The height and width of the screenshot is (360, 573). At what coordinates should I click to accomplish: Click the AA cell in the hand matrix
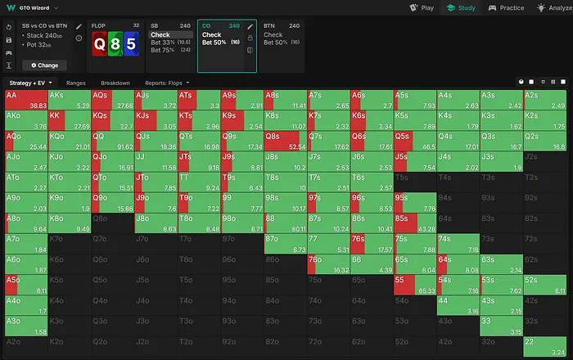[25, 100]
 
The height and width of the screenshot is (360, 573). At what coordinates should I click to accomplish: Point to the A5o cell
[25, 284]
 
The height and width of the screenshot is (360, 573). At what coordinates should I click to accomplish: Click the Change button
[44, 65]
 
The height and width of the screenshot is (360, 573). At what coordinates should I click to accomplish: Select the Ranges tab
[76, 83]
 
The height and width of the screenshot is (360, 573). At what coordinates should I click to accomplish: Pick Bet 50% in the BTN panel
[275, 42]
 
